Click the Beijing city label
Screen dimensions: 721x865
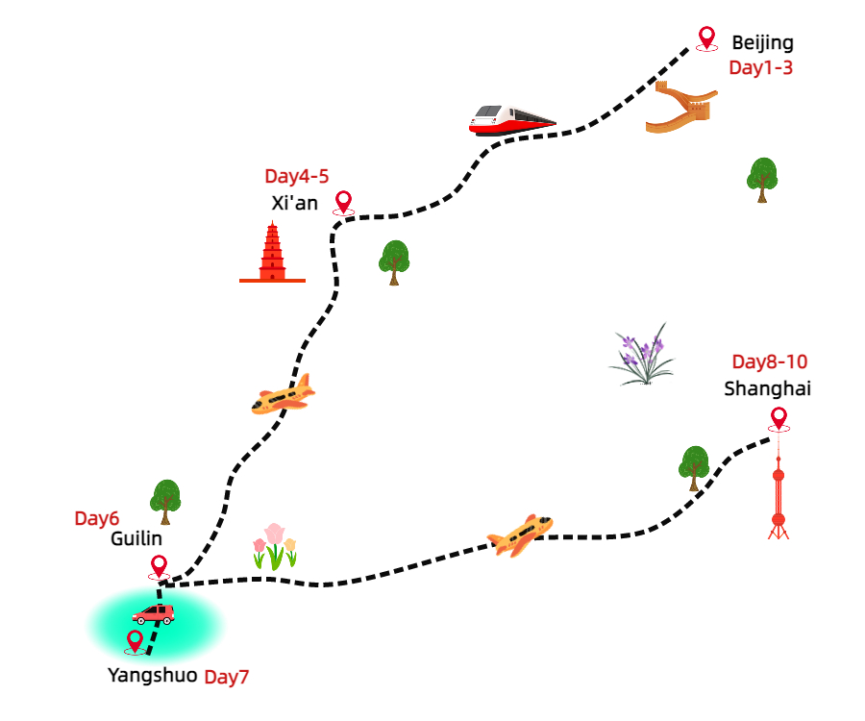click(x=762, y=42)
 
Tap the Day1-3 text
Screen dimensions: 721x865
click(x=760, y=67)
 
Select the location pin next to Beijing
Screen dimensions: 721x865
click(x=707, y=37)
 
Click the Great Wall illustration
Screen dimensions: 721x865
click(x=681, y=107)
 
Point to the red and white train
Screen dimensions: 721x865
click(x=511, y=119)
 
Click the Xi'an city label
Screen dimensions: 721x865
click(x=294, y=203)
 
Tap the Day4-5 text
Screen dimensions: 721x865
click(x=297, y=177)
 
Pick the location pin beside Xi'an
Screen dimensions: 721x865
click(x=343, y=202)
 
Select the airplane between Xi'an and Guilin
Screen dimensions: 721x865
click(x=284, y=394)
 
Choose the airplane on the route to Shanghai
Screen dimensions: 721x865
click(x=520, y=535)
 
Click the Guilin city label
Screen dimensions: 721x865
click(x=136, y=539)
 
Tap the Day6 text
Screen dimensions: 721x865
click(x=96, y=518)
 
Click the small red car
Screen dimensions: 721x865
click(x=153, y=613)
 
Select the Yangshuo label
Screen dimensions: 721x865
click(x=152, y=675)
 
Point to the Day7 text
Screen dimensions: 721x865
click(x=227, y=677)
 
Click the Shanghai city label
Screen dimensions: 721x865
click(x=767, y=388)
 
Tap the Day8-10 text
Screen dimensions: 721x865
click(x=769, y=362)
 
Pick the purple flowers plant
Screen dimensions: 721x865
click(x=642, y=355)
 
